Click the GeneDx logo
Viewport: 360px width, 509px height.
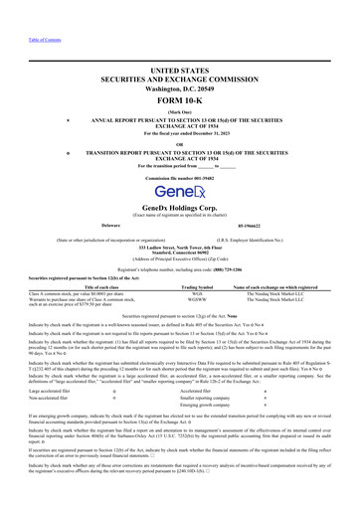(x=180, y=192)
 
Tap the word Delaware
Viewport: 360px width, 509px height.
(x=83, y=225)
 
